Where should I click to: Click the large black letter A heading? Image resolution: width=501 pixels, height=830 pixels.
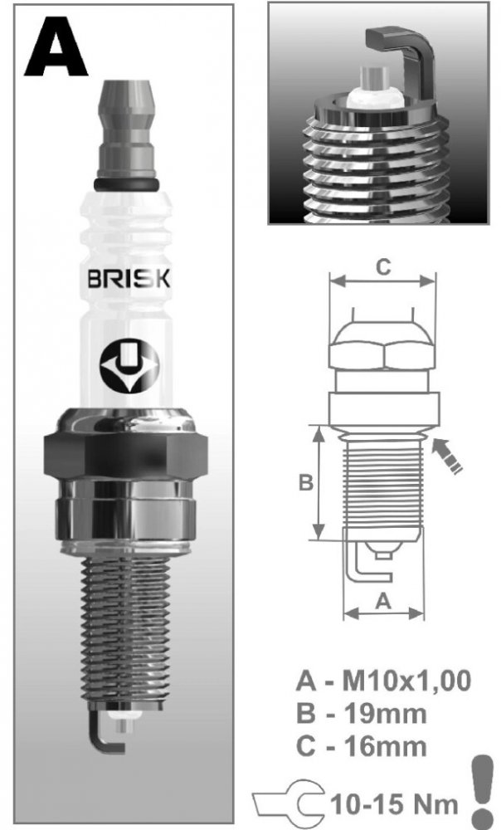coord(56,46)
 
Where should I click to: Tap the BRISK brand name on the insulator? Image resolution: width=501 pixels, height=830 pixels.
coord(129,279)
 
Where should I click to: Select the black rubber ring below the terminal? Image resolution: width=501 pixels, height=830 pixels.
coord(126,183)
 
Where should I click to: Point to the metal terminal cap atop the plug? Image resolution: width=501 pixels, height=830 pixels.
coord(128,129)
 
